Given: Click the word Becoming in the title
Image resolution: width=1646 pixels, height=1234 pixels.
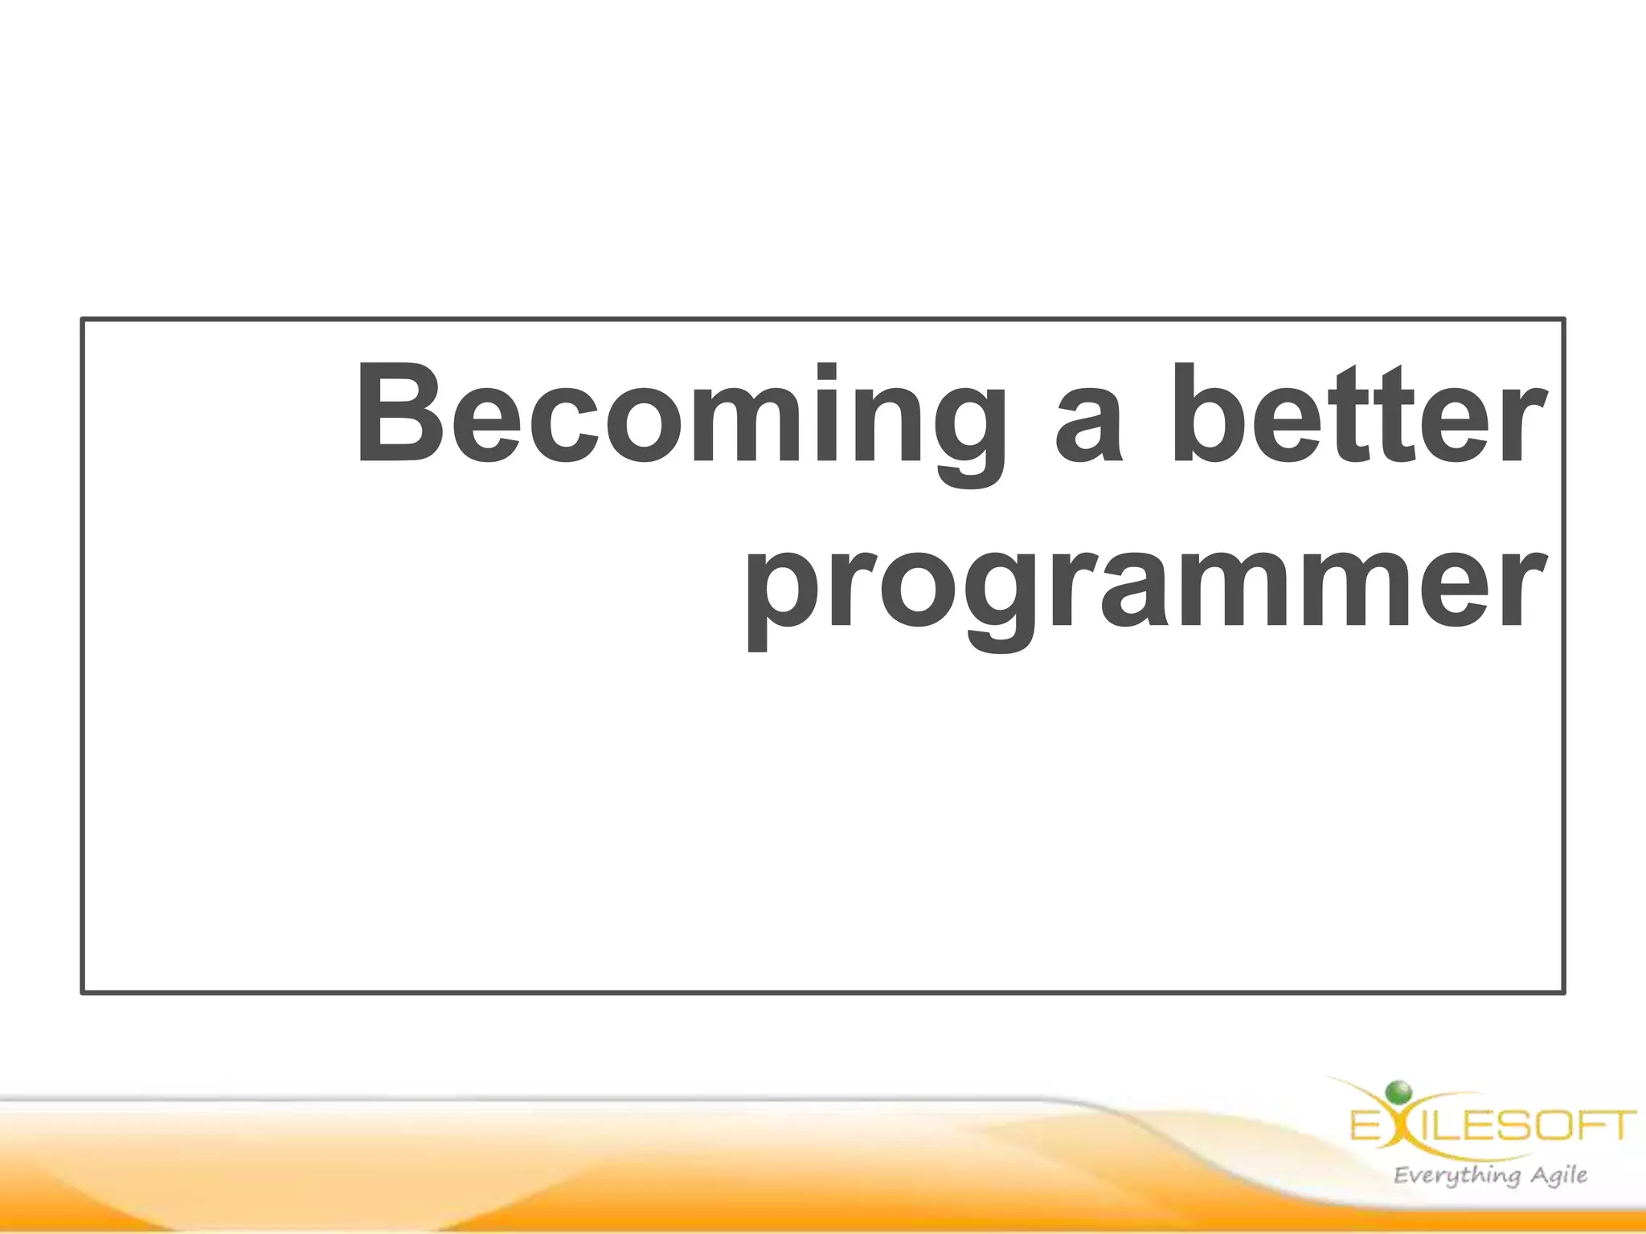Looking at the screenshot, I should (679, 418).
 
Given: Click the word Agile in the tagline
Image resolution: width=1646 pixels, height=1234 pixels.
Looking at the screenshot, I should (1558, 1175).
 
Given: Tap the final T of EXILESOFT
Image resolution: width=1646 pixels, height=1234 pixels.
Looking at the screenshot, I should (1621, 1126).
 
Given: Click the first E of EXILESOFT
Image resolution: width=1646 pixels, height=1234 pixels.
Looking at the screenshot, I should (1365, 1126).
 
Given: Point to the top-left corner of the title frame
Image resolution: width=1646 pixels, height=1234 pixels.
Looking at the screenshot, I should (83, 320).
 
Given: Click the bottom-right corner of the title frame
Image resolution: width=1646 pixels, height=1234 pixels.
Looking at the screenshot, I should (1563, 992).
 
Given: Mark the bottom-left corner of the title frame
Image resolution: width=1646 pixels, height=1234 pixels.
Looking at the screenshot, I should (83, 992).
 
